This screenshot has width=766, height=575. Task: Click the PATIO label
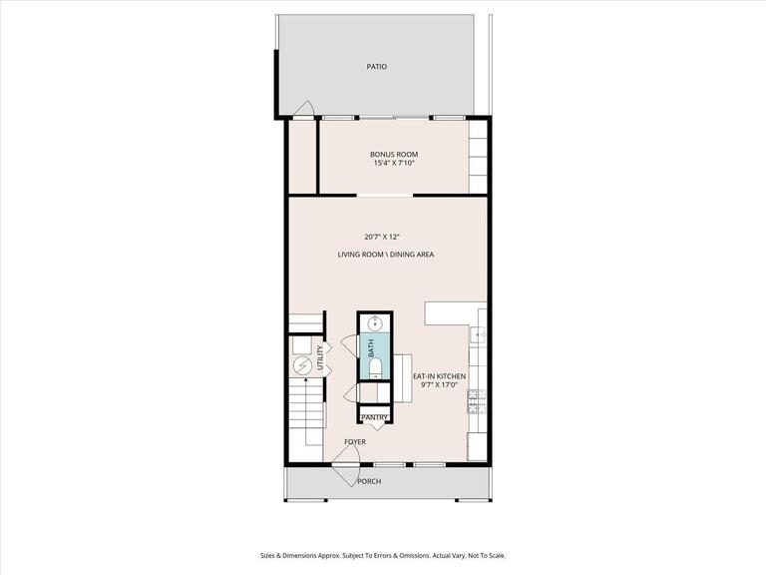point(375,67)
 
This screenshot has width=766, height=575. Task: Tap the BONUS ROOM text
point(393,154)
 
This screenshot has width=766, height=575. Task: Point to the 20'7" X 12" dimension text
point(385,237)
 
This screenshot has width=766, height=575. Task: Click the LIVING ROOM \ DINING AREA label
point(385,255)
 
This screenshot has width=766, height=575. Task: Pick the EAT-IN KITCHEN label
point(439,376)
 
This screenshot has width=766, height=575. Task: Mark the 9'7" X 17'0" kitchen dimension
point(439,385)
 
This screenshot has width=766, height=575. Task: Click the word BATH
point(371,348)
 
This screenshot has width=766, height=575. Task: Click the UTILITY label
point(320,357)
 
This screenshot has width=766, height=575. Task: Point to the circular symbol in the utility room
point(302,366)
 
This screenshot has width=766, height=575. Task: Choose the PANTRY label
point(374,417)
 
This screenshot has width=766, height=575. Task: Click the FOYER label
point(354,441)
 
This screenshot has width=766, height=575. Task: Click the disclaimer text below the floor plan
point(383,528)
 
